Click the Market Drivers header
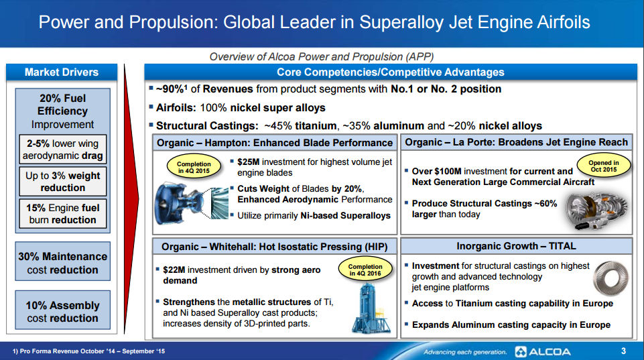point(62,72)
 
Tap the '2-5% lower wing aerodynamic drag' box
point(62,149)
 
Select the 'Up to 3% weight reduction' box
point(62,181)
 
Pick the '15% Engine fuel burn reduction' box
point(62,214)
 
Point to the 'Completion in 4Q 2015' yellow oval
point(194,167)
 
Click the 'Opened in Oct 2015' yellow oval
point(604,166)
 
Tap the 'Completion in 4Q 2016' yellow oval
point(365,269)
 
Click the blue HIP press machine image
point(371,308)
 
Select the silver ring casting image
point(611,278)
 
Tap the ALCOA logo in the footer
point(543,352)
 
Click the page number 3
point(623,351)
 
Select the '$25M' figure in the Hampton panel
point(249,162)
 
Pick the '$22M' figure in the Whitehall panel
point(174,269)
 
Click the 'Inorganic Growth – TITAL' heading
point(516,246)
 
